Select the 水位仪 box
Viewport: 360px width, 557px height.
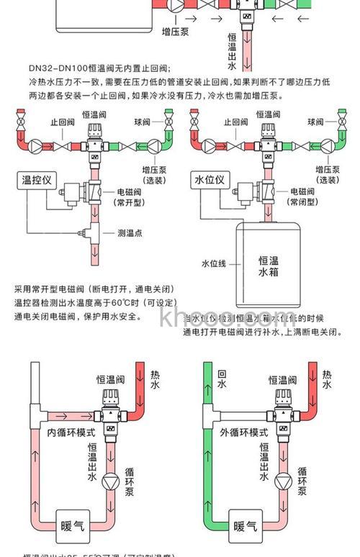(x=210, y=179)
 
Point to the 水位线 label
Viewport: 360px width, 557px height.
(x=214, y=263)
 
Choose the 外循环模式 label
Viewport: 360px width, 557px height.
(x=245, y=433)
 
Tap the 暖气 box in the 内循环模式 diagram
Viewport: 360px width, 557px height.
(x=73, y=526)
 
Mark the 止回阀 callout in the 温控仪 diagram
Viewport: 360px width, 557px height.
(x=62, y=122)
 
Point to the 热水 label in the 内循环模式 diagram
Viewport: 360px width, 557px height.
(x=155, y=380)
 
